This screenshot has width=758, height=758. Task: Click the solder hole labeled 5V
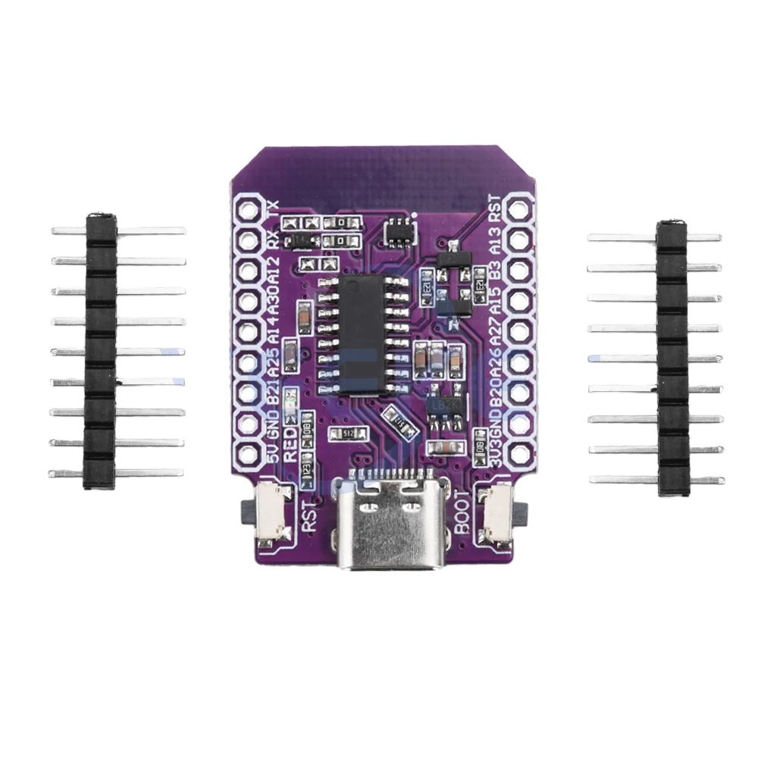[249, 456]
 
